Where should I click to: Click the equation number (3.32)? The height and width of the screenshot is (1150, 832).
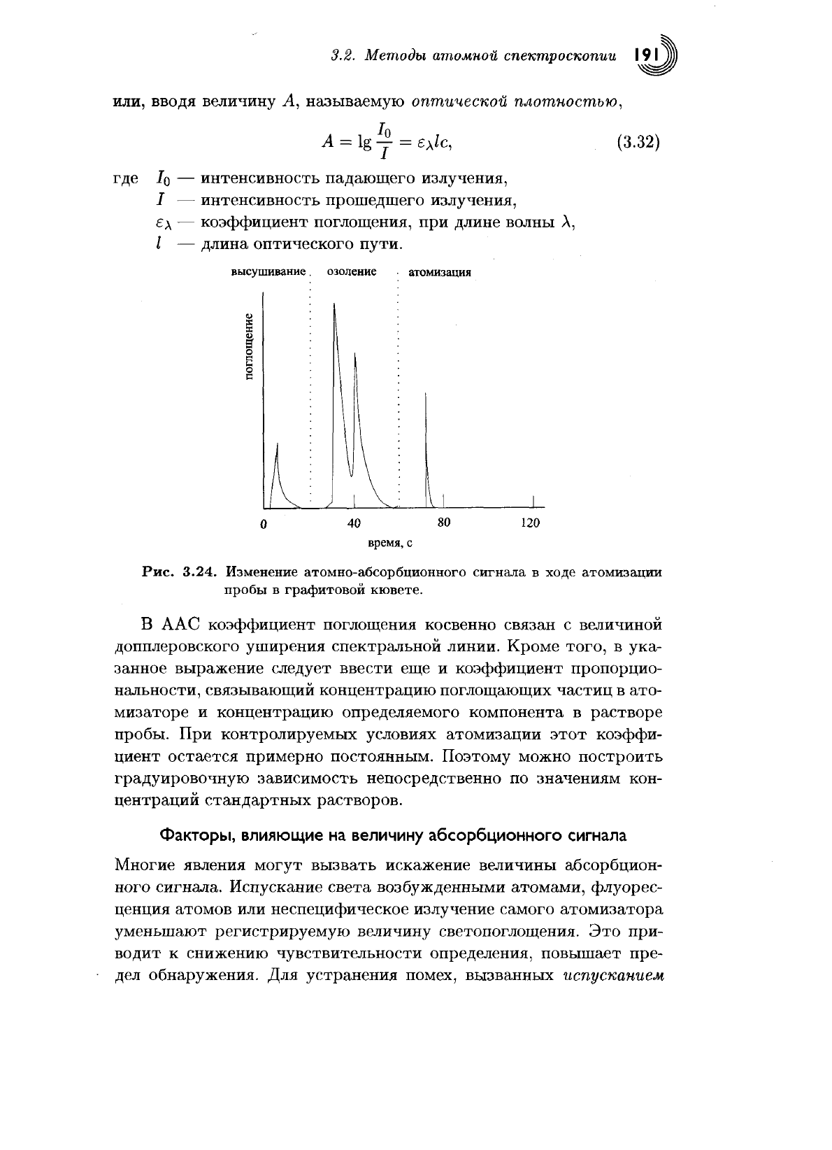click(639, 141)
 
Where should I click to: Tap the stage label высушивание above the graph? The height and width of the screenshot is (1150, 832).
click(268, 271)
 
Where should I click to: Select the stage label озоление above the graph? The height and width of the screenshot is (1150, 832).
click(352, 271)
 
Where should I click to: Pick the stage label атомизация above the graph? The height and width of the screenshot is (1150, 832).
click(439, 272)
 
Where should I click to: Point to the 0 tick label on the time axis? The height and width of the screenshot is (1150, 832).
click(264, 524)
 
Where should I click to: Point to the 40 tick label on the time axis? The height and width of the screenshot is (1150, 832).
click(354, 523)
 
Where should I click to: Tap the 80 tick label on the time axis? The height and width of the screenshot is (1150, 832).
click(443, 523)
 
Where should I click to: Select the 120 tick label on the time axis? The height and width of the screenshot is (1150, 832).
click(531, 523)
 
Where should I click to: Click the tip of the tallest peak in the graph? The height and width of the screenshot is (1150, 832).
click(334, 304)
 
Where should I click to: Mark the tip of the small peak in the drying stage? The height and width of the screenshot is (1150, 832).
click(278, 443)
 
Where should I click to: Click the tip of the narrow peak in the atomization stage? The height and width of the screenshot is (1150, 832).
click(426, 393)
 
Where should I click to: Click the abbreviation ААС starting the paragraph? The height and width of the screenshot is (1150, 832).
click(174, 623)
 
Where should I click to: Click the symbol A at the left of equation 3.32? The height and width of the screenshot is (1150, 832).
click(327, 141)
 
